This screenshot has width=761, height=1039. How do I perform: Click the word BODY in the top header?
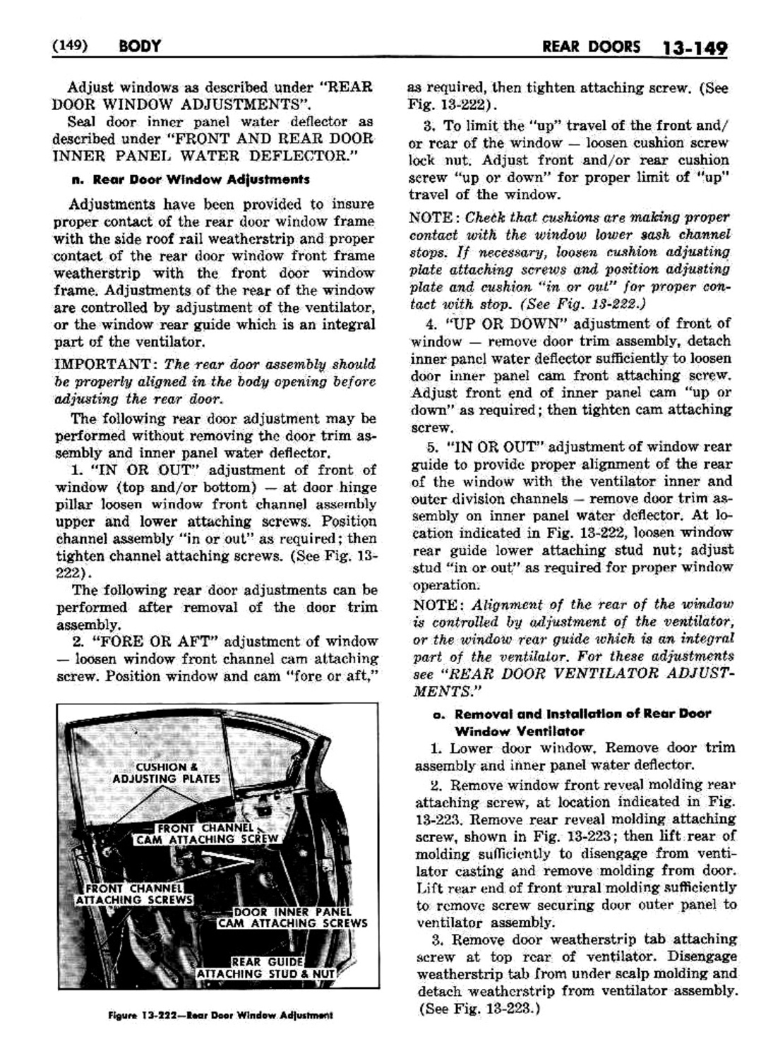[x=140, y=47]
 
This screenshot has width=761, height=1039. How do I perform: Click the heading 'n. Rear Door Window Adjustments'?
[x=189, y=179]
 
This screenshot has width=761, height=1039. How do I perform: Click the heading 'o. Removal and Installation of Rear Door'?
[x=571, y=714]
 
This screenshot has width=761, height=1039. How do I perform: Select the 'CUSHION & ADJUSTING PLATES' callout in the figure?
[x=167, y=772]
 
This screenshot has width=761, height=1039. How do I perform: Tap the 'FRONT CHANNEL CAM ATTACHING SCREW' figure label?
[x=207, y=834]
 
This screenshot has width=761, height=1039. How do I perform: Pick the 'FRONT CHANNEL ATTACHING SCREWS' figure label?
[x=134, y=894]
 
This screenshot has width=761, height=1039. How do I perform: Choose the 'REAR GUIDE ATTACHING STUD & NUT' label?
[x=265, y=968]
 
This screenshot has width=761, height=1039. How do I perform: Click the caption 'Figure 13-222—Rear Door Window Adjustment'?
[x=220, y=1015]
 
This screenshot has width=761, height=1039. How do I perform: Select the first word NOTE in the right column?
[x=432, y=217]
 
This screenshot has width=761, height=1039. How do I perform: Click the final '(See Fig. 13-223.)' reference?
[x=479, y=1008]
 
